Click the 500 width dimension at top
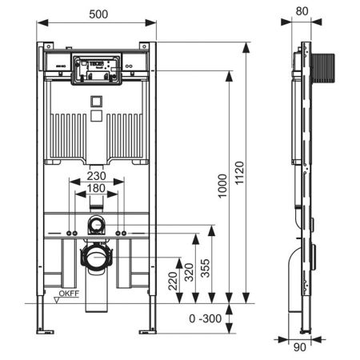(x=95, y=13)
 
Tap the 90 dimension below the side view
(x=299, y=348)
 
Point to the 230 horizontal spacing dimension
(x=95, y=177)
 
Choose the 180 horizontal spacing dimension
(x=95, y=189)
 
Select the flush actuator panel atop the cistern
(x=95, y=70)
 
